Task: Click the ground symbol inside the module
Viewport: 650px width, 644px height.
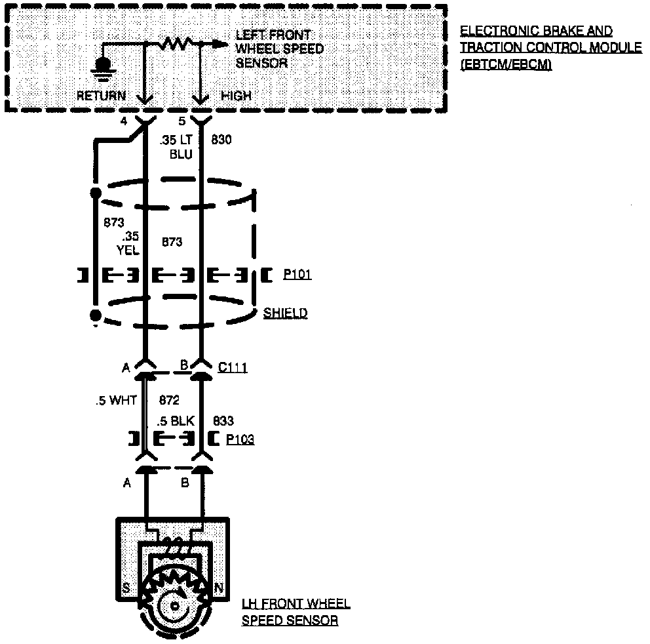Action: (x=103, y=66)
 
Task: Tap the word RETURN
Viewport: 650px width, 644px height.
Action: (x=102, y=96)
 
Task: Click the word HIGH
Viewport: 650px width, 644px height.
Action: (x=236, y=96)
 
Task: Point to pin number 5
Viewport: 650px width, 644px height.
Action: (x=182, y=121)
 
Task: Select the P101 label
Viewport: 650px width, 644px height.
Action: (x=297, y=275)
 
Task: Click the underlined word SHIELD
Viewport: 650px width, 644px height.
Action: (x=285, y=313)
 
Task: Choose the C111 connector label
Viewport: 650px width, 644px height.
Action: (x=233, y=368)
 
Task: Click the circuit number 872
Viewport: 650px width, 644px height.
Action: (x=169, y=399)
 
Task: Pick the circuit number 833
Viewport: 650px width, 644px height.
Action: (x=223, y=420)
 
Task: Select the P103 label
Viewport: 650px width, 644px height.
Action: (x=240, y=440)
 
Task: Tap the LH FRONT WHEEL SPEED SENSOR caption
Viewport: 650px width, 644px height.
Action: (x=295, y=612)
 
